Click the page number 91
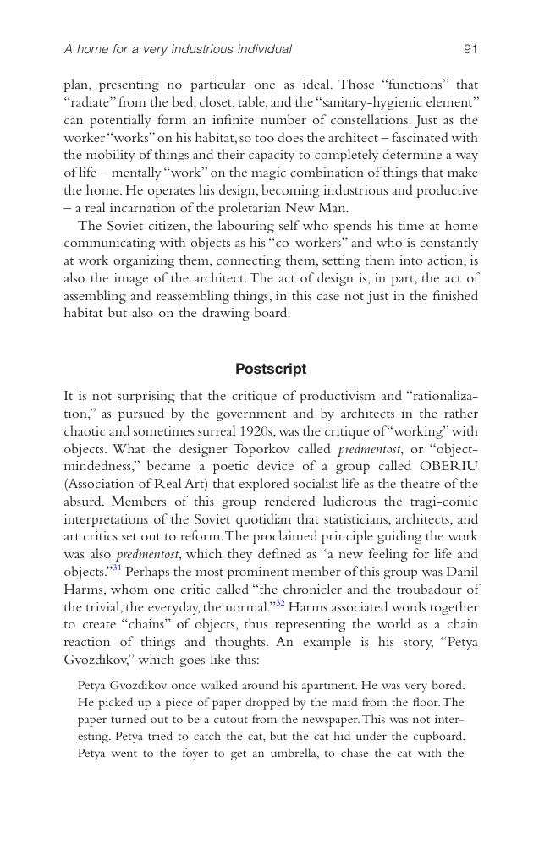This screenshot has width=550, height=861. tap(470, 49)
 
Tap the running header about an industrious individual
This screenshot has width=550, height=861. tap(178, 49)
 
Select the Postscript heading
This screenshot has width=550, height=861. tap(271, 369)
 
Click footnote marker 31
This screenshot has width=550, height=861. tap(117, 568)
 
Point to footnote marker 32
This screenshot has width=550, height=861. tap(280, 604)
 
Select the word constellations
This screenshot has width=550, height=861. tap(399, 120)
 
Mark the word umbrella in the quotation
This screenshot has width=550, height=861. tap(292, 753)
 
